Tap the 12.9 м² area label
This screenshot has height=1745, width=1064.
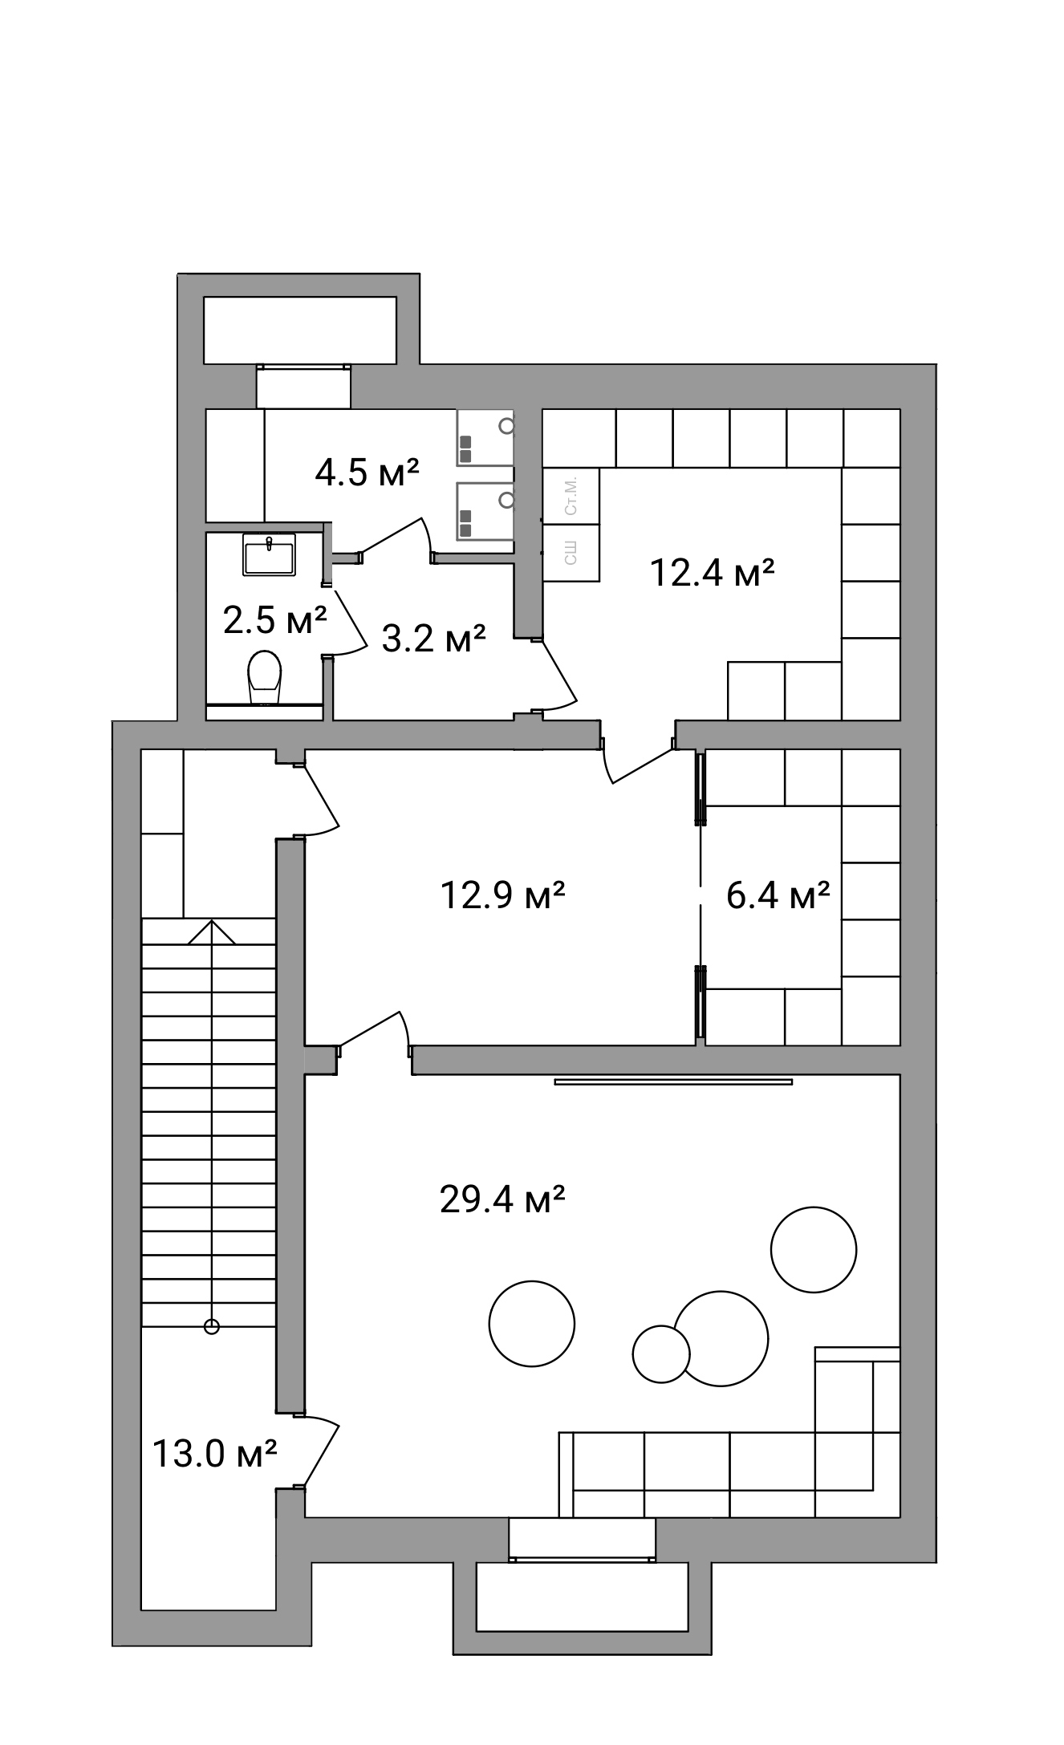click(x=503, y=895)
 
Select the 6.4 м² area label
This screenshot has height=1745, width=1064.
click(x=778, y=895)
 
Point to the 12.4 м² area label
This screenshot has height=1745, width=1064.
click(x=712, y=573)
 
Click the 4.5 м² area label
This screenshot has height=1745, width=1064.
click(x=368, y=473)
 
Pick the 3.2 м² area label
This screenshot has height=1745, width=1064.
click(x=433, y=639)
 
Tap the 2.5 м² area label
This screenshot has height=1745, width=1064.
click(x=275, y=619)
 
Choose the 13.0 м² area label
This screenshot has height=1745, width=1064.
click(x=215, y=1453)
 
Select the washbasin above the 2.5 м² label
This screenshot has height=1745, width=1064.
click(x=269, y=554)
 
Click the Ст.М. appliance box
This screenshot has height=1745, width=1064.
click(x=571, y=496)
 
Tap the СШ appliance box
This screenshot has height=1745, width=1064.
click(x=571, y=553)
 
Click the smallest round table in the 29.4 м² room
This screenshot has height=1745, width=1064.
click(x=661, y=1353)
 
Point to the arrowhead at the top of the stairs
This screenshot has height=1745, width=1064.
click(x=212, y=931)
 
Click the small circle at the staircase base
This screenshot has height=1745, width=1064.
click(x=212, y=1326)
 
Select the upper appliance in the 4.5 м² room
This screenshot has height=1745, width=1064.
click(x=485, y=438)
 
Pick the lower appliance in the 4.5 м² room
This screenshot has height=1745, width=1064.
click(x=485, y=511)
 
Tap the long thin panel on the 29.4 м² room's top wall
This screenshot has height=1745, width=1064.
click(x=673, y=1081)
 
